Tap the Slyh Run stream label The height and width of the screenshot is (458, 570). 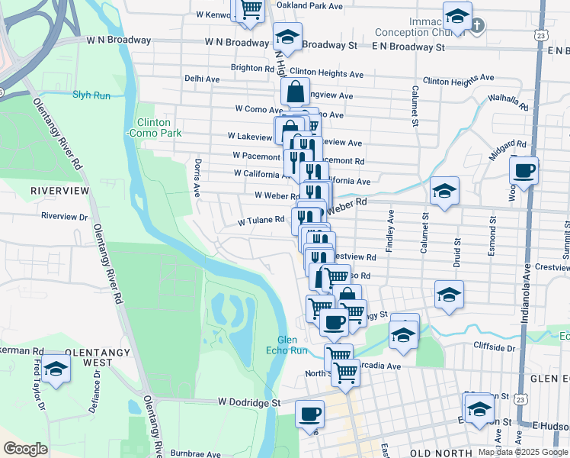[x=91, y=95]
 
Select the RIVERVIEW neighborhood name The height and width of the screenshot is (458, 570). [x=60, y=189]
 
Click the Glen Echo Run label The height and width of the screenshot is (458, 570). [x=291, y=345]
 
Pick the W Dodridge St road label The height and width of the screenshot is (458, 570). [x=249, y=402]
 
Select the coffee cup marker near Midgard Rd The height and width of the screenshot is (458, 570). [x=524, y=171]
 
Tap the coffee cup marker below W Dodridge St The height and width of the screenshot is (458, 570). [x=309, y=414]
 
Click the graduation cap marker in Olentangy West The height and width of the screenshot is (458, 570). [x=56, y=369]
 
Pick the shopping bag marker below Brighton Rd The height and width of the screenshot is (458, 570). [x=295, y=92]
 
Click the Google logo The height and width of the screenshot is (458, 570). [x=26, y=449]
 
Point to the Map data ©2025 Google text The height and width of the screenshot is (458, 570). [x=523, y=452]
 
